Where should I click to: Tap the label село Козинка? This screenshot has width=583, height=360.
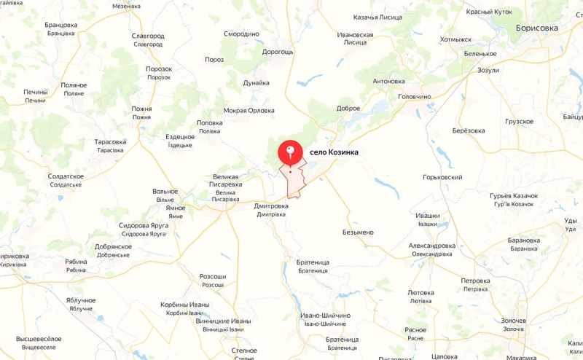click(x=334, y=152)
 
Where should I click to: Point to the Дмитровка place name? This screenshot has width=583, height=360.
click(x=271, y=206)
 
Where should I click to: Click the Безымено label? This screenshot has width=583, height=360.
click(x=358, y=232)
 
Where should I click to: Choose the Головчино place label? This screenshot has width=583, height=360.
click(x=415, y=96)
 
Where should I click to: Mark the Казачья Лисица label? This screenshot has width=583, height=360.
click(x=363, y=17)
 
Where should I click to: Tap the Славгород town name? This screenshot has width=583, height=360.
click(x=148, y=36)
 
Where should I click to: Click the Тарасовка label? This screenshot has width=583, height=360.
click(x=110, y=142)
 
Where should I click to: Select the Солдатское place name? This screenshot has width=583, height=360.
click(x=66, y=176)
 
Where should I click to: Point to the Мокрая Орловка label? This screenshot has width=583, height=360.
click(x=249, y=111)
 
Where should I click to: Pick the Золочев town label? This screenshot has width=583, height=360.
click(x=513, y=321)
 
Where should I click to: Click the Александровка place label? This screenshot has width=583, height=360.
click(x=432, y=246)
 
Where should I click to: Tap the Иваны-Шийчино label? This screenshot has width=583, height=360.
click(x=326, y=316)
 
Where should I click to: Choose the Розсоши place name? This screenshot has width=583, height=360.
click(x=213, y=277)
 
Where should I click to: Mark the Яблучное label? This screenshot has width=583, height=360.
click(x=81, y=300)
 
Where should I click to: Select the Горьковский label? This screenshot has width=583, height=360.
click(x=443, y=177)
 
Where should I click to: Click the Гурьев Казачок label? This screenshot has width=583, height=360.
click(x=514, y=196)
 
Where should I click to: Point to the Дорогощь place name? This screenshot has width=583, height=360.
click(x=278, y=52)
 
